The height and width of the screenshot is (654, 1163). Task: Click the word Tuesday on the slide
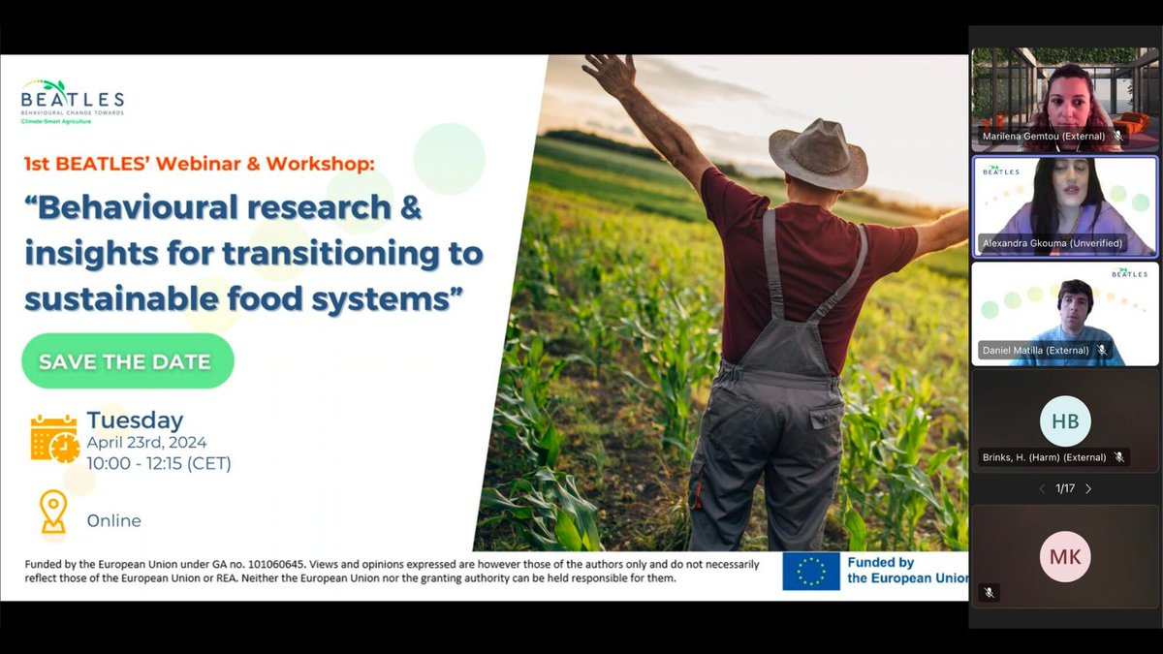[x=135, y=420]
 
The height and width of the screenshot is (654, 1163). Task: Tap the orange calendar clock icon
[x=53, y=439]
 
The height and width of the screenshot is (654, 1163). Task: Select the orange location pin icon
[x=52, y=512]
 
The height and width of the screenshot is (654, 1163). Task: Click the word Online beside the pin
[x=114, y=520]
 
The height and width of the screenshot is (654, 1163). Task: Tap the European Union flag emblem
[x=811, y=572]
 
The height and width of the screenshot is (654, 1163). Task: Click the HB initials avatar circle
[x=1065, y=420]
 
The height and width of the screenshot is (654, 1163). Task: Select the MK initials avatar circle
[x=1065, y=557]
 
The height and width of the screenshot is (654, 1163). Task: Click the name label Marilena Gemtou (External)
[x=1043, y=137]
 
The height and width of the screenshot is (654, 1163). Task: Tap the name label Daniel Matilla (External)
[x=1035, y=350]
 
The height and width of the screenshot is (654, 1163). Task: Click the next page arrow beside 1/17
[x=1088, y=488]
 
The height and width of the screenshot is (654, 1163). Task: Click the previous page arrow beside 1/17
[x=1042, y=488]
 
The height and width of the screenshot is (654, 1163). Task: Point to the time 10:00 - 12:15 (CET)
[x=159, y=463]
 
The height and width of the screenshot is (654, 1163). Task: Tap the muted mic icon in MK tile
[x=989, y=592]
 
